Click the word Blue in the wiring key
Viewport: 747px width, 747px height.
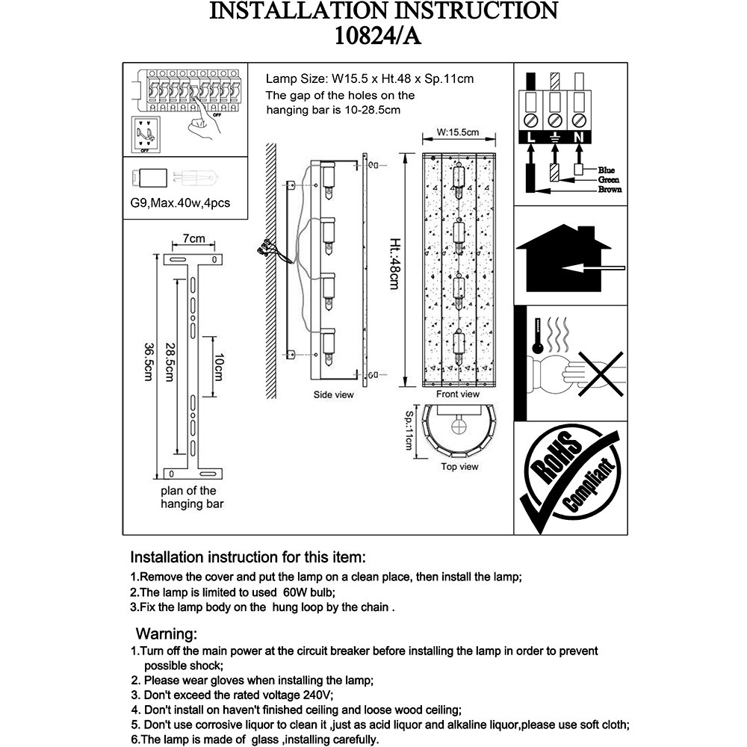pos(606,170)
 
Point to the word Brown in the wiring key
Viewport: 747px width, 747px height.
pos(610,190)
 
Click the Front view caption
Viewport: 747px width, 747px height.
pos(458,394)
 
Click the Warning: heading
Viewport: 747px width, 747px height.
pos(166,635)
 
